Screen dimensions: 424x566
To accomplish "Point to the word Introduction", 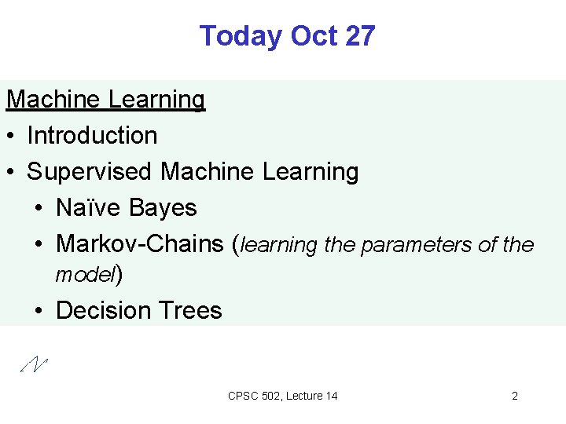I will point(92,135).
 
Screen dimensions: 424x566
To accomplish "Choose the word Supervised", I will point(90,171).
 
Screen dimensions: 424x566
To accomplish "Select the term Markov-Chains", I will point(140,243).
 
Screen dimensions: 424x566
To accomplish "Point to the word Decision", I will point(101,310).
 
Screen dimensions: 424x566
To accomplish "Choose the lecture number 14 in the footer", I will point(331,396).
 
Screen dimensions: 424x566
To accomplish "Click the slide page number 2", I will point(515,396).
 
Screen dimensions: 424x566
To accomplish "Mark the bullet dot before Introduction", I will point(11,136).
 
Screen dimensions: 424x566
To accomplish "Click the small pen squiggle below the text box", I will point(35,363).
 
